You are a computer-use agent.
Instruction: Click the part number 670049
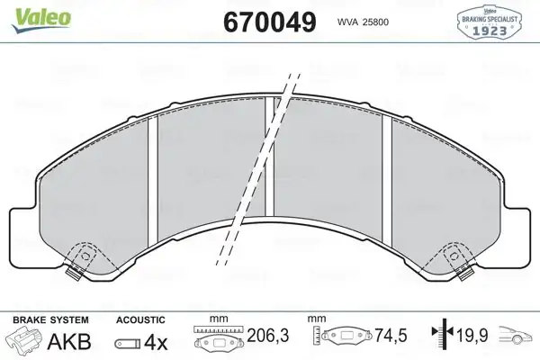(270, 22)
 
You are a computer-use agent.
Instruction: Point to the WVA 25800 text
(363, 22)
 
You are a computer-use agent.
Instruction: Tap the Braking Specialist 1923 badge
(489, 22)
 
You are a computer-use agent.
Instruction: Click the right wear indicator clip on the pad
(465, 274)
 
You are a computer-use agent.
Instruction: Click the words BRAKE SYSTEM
(50, 320)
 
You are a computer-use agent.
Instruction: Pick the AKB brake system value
(69, 342)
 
